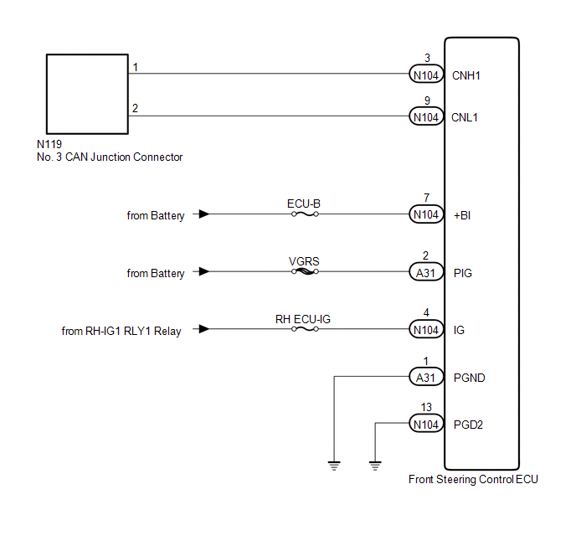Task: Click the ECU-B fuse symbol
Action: [305, 214]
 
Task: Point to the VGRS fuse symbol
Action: [305, 272]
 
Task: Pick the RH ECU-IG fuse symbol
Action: [305, 329]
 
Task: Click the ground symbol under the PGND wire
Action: [334, 466]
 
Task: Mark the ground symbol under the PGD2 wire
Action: [375, 466]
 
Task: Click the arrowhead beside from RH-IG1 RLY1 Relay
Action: [204, 329]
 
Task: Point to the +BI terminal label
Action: [462, 215]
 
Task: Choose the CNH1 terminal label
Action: [465, 75]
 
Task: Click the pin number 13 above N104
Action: [426, 407]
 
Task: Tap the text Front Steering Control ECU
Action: [473, 479]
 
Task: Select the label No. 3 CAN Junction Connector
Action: [110, 157]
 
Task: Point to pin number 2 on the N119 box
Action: [135, 108]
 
